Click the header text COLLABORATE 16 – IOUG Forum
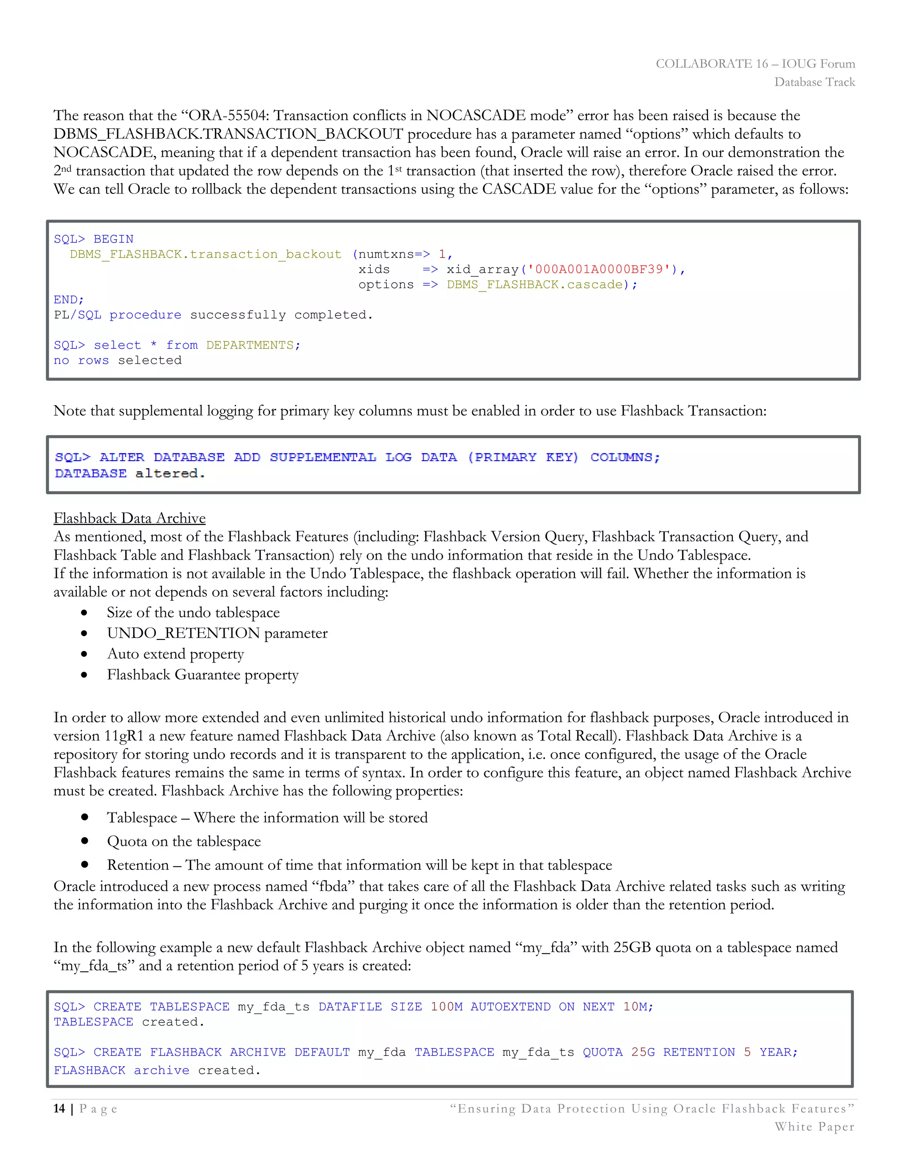755,63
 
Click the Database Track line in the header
814,82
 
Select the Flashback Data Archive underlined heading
129,518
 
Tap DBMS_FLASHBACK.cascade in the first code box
534,284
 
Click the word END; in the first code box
68,300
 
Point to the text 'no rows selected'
117,360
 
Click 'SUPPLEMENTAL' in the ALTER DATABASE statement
323,457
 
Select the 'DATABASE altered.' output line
129,474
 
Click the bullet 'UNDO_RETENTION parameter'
217,633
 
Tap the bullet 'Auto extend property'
175,654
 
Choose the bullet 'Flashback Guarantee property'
202,675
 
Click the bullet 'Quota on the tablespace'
184,841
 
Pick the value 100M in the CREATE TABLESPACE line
447,1007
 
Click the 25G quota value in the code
642,1052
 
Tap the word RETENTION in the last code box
699,1052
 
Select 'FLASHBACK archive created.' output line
157,1070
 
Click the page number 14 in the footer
59,1109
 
